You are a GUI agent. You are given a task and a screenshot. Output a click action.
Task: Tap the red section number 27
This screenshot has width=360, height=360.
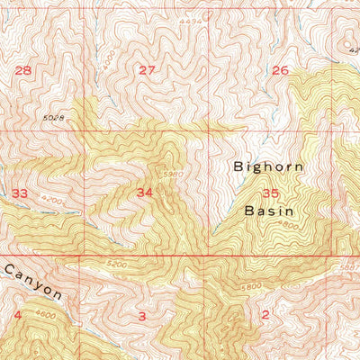click(x=147, y=70)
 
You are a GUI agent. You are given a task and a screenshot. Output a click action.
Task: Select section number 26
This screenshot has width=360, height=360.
click(x=280, y=70)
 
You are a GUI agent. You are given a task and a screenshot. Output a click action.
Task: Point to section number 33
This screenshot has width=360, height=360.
click(x=20, y=193)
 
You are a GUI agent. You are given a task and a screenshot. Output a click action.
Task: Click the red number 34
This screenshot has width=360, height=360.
click(x=145, y=193)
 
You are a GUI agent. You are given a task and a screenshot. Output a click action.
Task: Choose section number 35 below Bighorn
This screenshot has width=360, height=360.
click(x=271, y=193)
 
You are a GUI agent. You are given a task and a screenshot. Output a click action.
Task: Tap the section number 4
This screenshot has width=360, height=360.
click(x=18, y=314)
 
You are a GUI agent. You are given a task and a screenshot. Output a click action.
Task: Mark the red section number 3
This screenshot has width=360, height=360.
click(x=142, y=315)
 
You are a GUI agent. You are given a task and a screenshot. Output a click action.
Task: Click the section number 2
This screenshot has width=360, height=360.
click(x=265, y=314)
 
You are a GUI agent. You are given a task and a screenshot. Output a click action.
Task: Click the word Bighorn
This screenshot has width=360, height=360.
click(x=269, y=166)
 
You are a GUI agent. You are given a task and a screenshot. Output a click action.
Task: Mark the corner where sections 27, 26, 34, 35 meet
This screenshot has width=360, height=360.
click(x=211, y=130)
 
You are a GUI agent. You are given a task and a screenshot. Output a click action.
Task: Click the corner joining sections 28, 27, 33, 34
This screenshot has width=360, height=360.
click(x=84, y=130)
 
